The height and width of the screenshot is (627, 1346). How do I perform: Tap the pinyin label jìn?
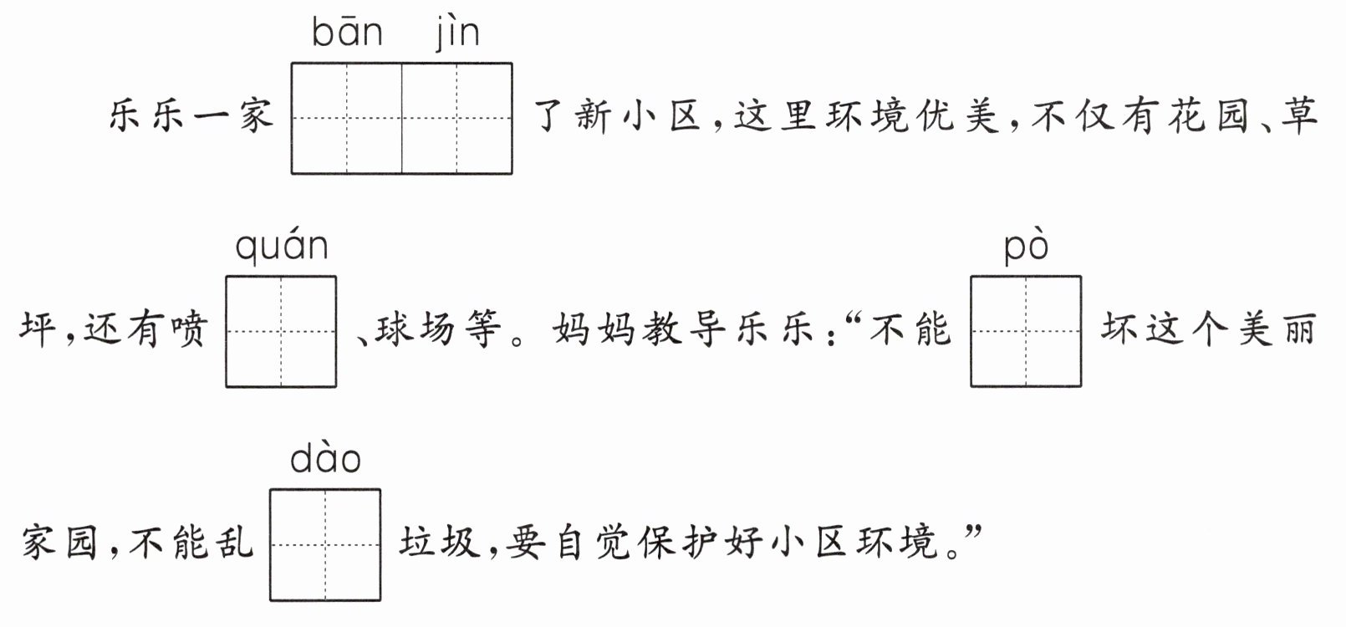457,33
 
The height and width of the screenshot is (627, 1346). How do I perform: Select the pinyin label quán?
282,247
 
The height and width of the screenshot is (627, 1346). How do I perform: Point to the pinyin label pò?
1027,247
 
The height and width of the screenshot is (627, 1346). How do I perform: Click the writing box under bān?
347,119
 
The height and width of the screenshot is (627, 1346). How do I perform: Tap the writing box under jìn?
457,119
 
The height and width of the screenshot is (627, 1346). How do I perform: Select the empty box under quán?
281,331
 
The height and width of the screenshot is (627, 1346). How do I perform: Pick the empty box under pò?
1027,331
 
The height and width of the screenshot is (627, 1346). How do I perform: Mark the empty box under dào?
325,544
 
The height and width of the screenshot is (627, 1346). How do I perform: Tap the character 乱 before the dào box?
234,543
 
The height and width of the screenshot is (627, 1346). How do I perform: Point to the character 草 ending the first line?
1299,115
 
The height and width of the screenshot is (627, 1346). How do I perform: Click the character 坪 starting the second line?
38,329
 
